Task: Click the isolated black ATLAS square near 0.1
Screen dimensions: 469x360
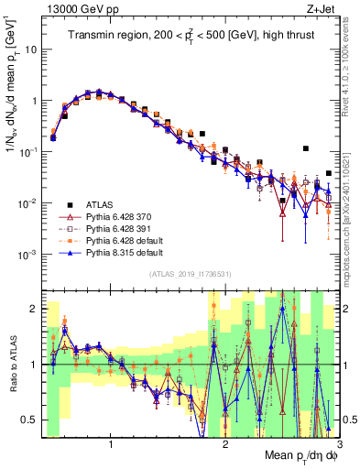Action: pos(306,147)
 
